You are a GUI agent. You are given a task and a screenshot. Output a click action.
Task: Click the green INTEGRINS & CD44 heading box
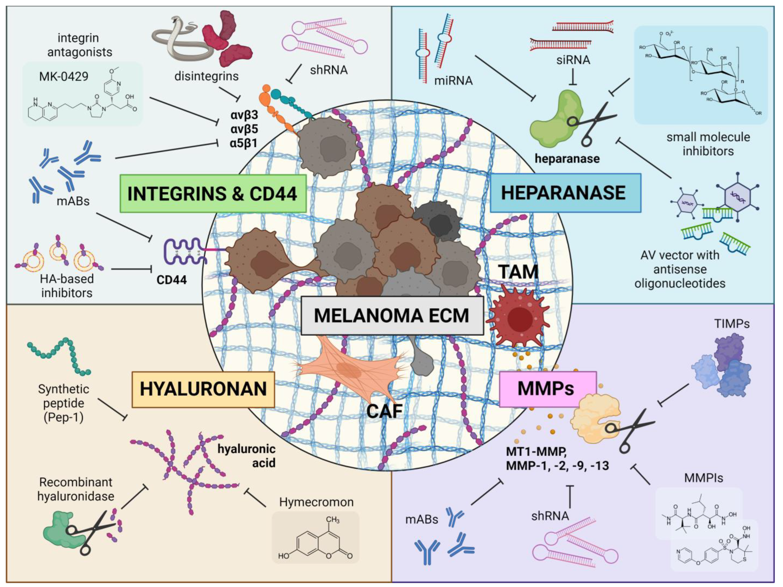point(213,194)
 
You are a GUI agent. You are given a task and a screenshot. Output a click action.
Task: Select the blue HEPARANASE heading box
point(565,193)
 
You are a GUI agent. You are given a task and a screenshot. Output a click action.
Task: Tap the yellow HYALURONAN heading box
point(203,389)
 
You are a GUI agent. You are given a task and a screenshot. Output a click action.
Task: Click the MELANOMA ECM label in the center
point(392,316)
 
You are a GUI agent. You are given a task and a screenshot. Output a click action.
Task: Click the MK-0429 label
point(64,76)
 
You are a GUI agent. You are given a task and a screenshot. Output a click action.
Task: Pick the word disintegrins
point(206,76)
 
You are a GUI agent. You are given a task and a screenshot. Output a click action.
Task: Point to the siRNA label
point(573,60)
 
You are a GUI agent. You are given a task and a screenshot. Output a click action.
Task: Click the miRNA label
point(453,81)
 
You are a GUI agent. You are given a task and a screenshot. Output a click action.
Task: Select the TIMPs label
point(732,323)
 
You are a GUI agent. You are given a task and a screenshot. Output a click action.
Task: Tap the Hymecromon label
point(316,502)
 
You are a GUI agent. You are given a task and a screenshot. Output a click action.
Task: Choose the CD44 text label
point(172,280)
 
